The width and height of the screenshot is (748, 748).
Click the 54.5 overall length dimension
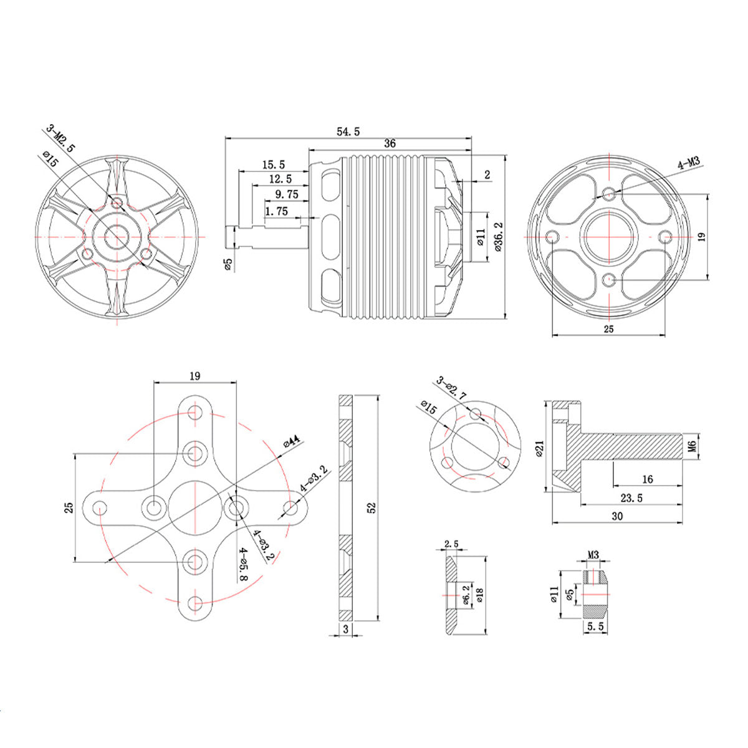pos(348,132)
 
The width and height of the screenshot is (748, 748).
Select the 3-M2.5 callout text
pos(60,139)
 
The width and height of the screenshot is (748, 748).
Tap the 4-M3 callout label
pos(689,163)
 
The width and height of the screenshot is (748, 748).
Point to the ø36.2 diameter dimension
pos(497,236)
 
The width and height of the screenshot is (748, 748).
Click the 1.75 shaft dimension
pos(276,211)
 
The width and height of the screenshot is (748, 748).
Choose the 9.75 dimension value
pos(283,194)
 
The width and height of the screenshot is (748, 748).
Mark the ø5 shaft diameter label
pos(228,264)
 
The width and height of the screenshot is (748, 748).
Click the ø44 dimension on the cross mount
pos(291,441)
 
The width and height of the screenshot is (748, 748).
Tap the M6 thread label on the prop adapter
pos(691,446)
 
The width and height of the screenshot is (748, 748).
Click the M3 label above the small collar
pos(593,554)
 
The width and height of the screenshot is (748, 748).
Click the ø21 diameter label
pos(540,448)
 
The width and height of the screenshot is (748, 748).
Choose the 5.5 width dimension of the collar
pos(595,628)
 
